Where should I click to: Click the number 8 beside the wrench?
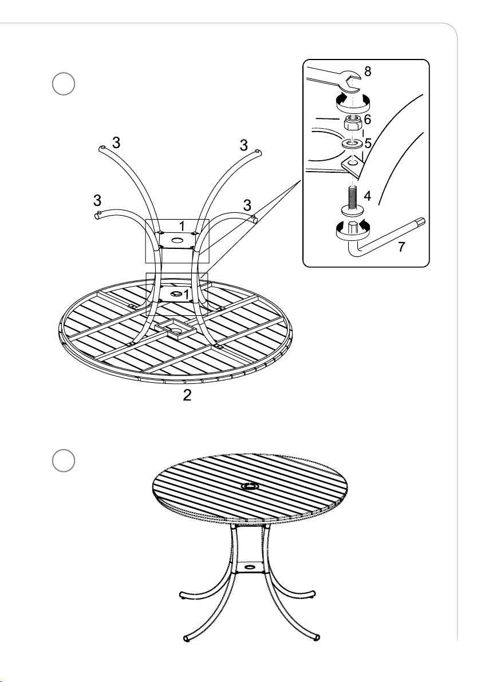[x=368, y=72]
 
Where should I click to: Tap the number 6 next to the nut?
[x=368, y=119]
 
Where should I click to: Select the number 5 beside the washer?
[x=368, y=143]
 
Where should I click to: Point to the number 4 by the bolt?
[x=368, y=196]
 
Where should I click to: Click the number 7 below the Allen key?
[x=401, y=247]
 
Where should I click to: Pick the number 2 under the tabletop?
[x=187, y=395]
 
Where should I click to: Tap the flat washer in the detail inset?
[x=353, y=143]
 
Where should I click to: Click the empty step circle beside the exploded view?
[x=64, y=84]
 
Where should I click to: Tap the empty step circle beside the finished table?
[x=64, y=461]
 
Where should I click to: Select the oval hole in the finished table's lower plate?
[x=250, y=567]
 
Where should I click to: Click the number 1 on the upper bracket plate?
[x=182, y=226]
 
